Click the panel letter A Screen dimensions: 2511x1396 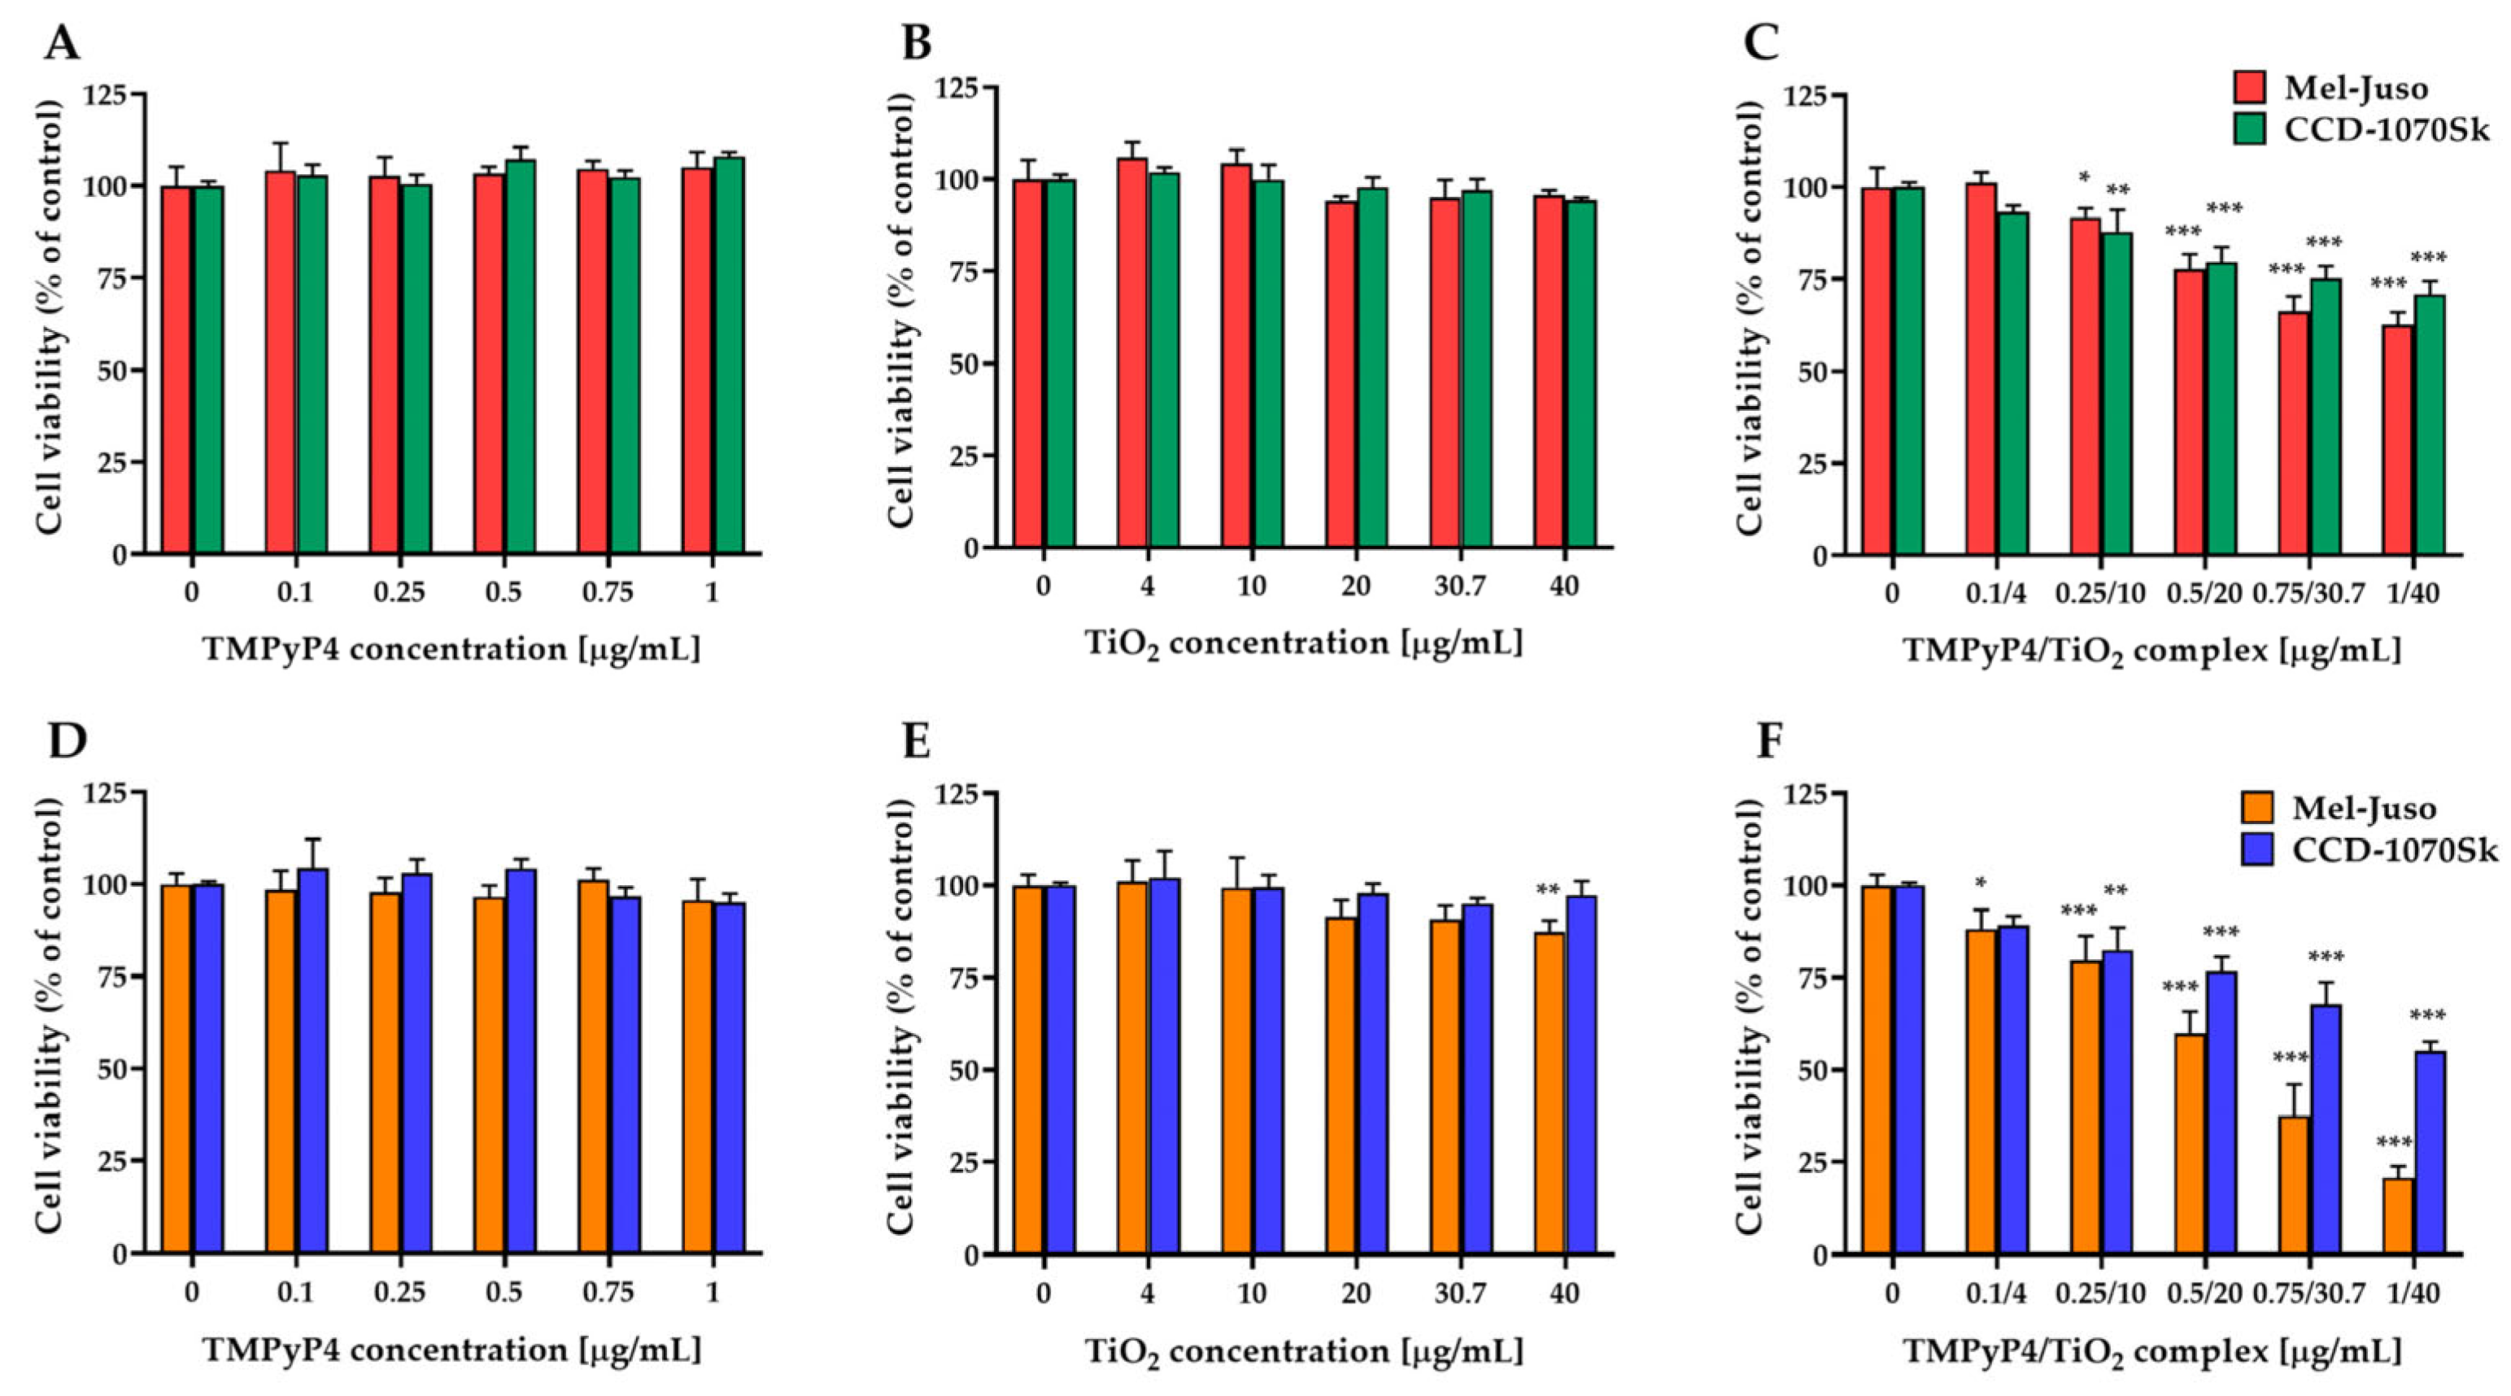[x=63, y=43]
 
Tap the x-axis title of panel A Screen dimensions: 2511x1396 [x=451, y=648]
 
